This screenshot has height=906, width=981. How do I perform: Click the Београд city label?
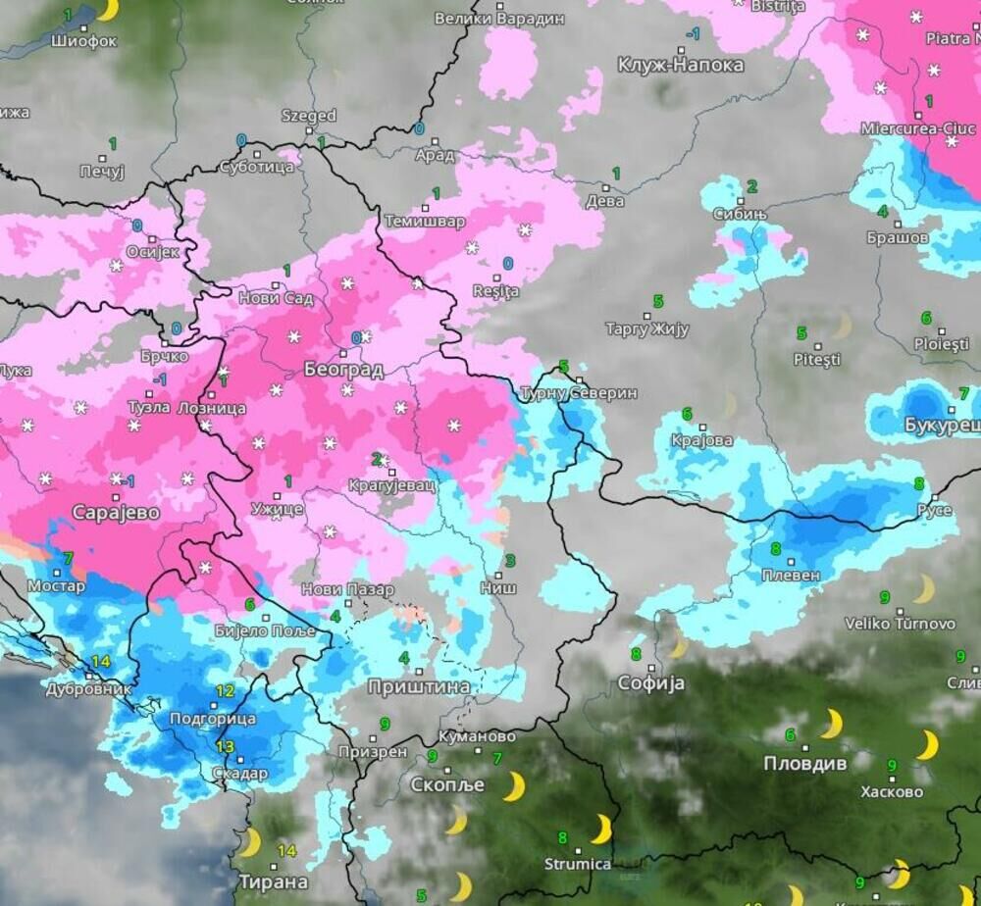(342, 370)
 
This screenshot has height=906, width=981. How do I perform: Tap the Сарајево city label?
(116, 513)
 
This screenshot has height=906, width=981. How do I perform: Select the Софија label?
(650, 683)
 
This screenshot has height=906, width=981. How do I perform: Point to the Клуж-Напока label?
(681, 66)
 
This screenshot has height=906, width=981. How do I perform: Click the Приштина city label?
(419, 687)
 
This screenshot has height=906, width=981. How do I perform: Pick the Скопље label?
(447, 785)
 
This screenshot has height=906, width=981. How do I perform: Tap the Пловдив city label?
(805, 763)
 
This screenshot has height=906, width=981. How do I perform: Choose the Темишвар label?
(424, 222)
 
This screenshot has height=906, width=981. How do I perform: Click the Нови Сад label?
(276, 299)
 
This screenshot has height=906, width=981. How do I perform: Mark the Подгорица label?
(213, 719)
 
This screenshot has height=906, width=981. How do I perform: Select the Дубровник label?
(88, 689)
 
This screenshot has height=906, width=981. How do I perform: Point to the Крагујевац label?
(391, 485)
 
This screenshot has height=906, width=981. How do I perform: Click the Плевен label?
(790, 576)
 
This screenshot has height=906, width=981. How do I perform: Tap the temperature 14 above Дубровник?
(100, 662)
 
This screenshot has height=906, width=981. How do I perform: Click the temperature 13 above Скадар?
(225, 747)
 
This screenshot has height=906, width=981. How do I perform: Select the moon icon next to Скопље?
(513, 785)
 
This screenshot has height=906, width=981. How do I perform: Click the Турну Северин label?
(578, 393)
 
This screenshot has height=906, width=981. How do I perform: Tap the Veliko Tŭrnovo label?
(900, 624)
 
